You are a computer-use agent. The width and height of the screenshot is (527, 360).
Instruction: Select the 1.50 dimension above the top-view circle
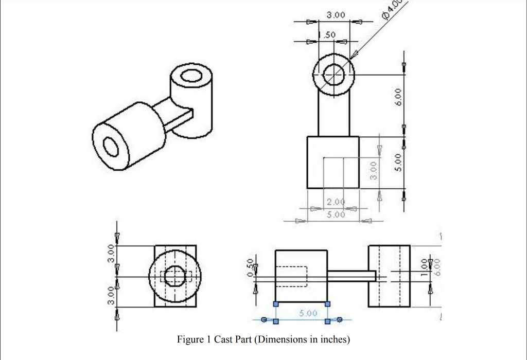327,34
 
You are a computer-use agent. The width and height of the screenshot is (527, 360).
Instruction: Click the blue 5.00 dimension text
307,313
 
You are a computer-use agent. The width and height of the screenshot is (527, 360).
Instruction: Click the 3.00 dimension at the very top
336,15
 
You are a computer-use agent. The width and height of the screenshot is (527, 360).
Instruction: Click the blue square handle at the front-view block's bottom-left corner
276,304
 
